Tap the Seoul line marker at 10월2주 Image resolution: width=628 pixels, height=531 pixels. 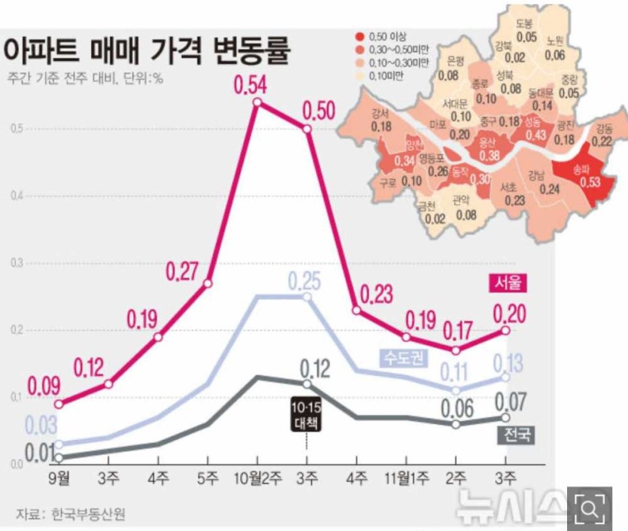(x=257, y=102)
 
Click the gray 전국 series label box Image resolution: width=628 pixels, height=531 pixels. (x=514, y=434)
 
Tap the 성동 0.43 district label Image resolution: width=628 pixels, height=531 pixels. (x=535, y=129)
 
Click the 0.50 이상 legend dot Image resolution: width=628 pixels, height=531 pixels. (x=361, y=35)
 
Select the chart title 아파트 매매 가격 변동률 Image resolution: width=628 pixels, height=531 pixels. (x=147, y=50)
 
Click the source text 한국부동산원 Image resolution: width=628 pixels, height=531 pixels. (x=88, y=514)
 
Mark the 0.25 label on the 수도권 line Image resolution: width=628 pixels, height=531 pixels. (x=305, y=281)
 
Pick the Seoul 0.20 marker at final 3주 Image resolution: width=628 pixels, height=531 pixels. (x=505, y=329)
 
